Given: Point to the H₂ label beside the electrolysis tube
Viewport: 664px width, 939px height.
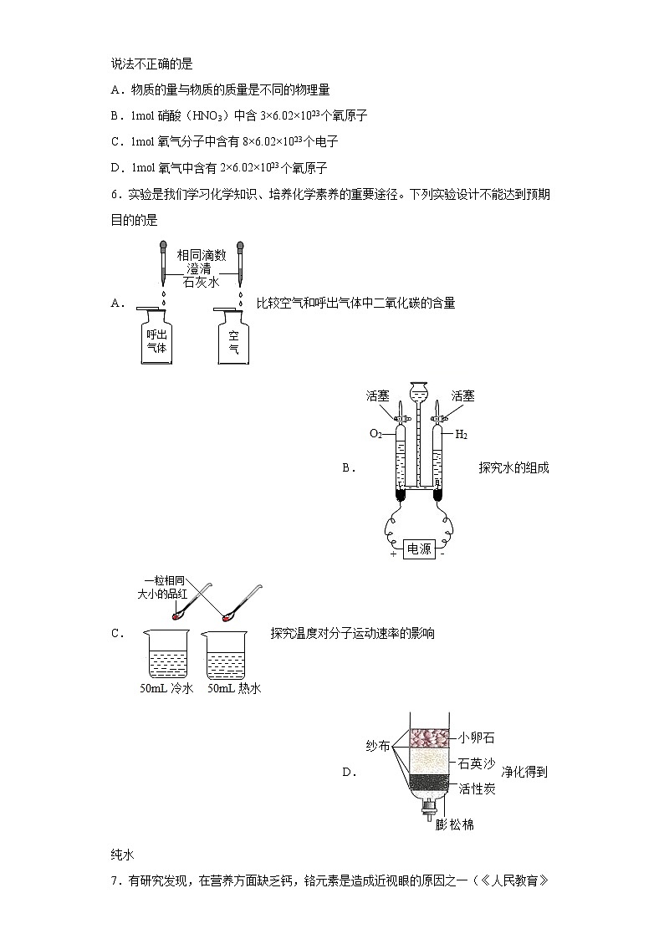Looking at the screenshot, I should point(461,434).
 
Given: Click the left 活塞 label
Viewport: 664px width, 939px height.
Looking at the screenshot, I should point(378,396).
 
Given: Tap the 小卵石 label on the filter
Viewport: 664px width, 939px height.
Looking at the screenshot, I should point(477,738).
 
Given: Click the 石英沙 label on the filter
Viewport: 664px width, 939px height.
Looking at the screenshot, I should point(477,763).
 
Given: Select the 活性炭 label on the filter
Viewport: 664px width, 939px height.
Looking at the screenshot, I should point(477,788).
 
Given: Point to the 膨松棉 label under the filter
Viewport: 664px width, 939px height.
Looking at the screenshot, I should point(455,824).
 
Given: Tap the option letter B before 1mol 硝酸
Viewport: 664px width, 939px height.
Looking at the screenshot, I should point(115,117).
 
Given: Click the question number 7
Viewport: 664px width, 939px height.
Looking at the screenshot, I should point(115,880).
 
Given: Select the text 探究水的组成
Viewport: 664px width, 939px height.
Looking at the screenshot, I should point(513,468).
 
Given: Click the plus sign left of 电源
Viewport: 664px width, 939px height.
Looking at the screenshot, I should point(392,553).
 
